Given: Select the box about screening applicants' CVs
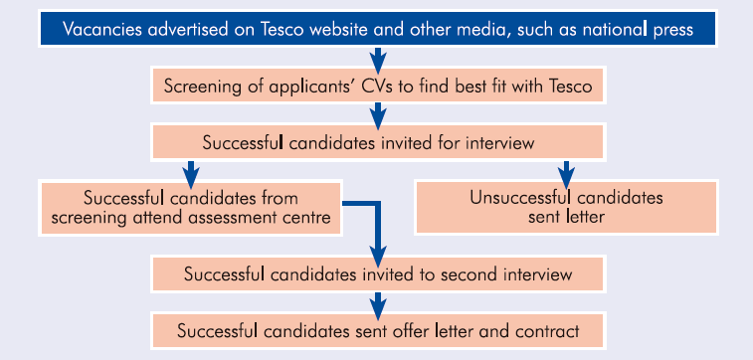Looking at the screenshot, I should (x=378, y=87).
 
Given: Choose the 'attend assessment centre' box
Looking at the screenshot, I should (x=191, y=207).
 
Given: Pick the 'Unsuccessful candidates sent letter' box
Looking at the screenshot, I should (x=566, y=207).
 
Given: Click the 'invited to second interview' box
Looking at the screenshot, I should (x=378, y=270).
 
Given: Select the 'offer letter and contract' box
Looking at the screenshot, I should (x=378, y=328).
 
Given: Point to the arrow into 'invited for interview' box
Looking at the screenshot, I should (x=378, y=114).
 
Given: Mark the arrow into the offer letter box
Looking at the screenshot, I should (x=378, y=299).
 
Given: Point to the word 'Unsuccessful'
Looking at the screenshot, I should (x=514, y=197).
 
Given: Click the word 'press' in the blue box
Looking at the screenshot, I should (x=667, y=28).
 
